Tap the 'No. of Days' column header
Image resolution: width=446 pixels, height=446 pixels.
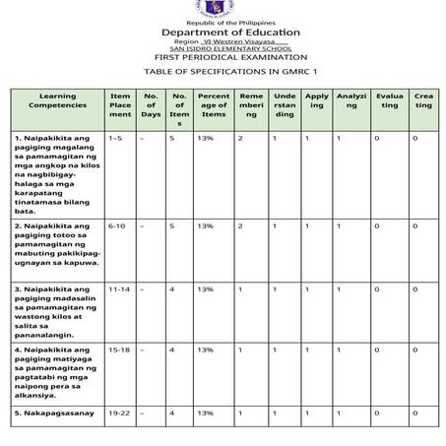pos(151,104)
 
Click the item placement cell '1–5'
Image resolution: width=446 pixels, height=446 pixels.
pos(116,139)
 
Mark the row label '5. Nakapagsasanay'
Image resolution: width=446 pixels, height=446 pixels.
pos(54,413)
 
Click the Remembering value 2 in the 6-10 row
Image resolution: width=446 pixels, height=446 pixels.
pos(240,226)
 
